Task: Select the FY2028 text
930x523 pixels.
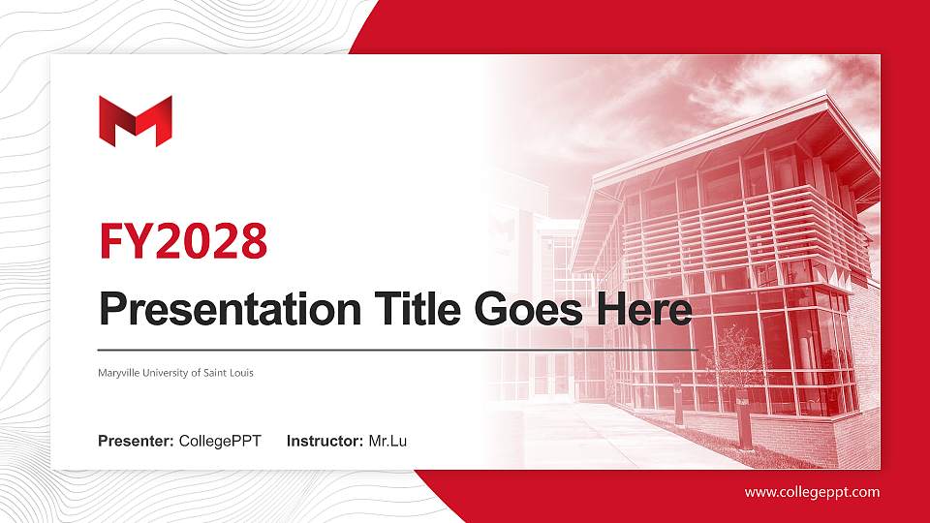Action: pos(183,241)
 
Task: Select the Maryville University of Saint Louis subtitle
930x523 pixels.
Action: pos(175,373)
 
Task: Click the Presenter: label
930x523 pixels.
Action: pos(136,442)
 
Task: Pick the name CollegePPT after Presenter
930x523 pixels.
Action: pos(220,442)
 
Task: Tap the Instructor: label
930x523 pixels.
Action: pos(325,442)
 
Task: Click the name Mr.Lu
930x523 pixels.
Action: pos(387,442)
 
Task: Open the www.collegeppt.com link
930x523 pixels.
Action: pos(812,492)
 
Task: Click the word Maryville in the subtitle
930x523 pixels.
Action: pos(119,373)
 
